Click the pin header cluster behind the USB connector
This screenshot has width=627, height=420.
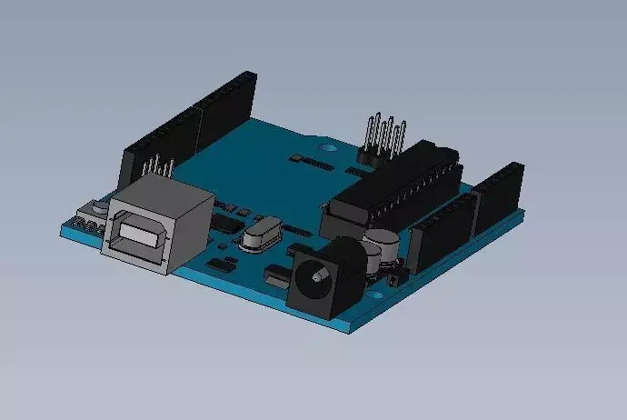(x=159, y=170)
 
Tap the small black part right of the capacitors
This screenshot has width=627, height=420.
(x=393, y=277)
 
